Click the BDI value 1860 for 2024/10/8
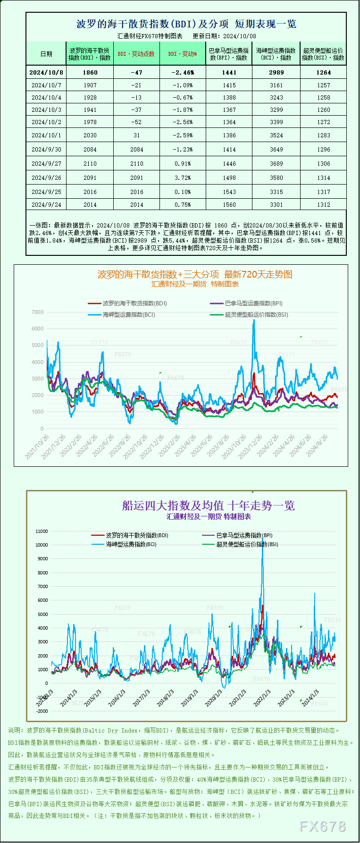[x=90, y=73]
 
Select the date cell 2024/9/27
[x=46, y=164]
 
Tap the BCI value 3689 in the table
[x=276, y=164]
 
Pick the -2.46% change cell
[x=183, y=73]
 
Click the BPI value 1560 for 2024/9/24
[x=229, y=205]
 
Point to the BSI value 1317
[x=324, y=192]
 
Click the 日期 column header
[x=46, y=54]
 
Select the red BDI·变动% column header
[x=183, y=54]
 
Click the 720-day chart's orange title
[x=195, y=274]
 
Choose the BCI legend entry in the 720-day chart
[x=129, y=315]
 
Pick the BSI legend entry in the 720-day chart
[x=256, y=315]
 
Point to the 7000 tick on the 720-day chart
[x=38, y=312]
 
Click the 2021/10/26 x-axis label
[x=37, y=447]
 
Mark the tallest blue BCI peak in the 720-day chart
[x=254, y=320]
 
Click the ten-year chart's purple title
[x=209, y=506]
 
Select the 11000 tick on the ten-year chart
[x=42, y=531]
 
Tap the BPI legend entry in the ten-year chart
[x=244, y=536]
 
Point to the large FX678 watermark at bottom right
[x=323, y=826]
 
